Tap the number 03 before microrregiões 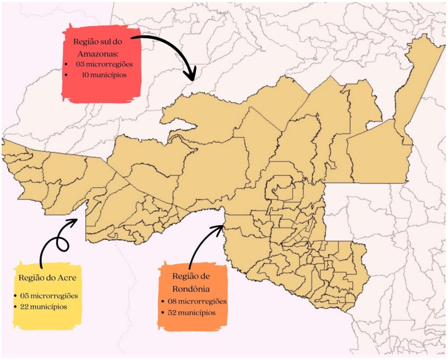[x=80, y=64]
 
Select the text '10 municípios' [x=104, y=75]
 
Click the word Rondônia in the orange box [x=191, y=289]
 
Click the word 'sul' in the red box [x=106, y=42]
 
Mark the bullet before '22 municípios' [x=16, y=307]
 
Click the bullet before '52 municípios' [x=163, y=313]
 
